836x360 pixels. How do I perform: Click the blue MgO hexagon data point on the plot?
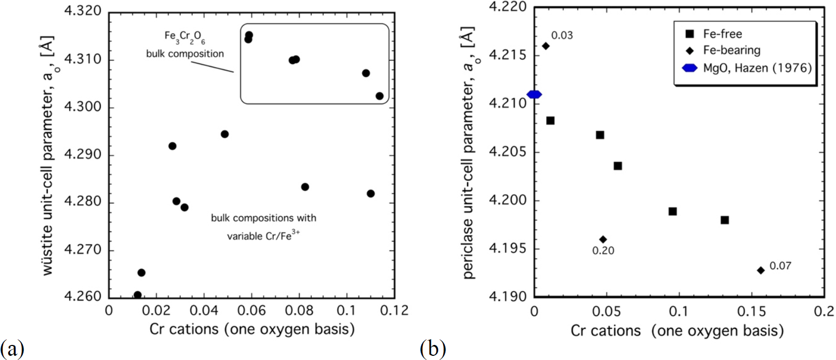[534, 94]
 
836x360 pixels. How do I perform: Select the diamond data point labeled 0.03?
[546, 46]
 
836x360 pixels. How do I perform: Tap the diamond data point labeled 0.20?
[603, 239]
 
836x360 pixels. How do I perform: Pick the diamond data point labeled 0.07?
[761, 270]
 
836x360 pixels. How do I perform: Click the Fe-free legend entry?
[722, 34]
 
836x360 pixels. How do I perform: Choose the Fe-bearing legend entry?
[732, 50]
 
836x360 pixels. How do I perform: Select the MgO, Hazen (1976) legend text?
[757, 68]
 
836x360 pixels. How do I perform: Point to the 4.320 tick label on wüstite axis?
[83, 11]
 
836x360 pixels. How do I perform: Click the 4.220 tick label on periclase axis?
[508, 7]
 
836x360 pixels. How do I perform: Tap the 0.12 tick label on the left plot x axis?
[394, 311]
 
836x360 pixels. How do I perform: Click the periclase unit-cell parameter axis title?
[469, 153]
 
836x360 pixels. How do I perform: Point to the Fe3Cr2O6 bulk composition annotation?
[184, 45]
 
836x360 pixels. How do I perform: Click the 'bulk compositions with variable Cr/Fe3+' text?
[263, 226]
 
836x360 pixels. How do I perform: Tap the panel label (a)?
[12, 348]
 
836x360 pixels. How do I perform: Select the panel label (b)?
[432, 348]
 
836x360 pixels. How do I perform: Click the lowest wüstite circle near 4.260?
[138, 295]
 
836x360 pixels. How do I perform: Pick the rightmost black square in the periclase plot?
[724, 220]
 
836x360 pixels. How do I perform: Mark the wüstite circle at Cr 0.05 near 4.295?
[224, 134]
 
